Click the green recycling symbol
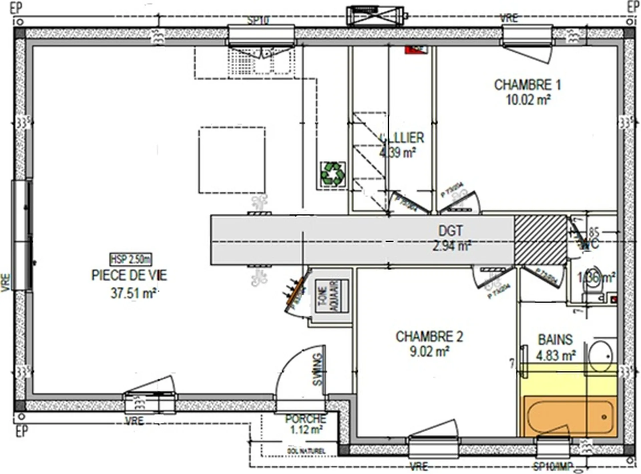(333, 174)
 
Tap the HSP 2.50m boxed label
(131, 259)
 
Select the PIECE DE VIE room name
(129, 275)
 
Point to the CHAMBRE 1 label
(527, 85)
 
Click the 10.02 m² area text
(528, 100)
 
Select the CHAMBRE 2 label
(429, 337)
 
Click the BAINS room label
(555, 340)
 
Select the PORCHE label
(305, 419)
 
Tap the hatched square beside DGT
(540, 240)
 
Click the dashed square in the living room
(232, 160)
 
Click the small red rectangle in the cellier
(416, 50)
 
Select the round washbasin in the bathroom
(600, 356)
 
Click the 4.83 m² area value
(556, 356)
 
